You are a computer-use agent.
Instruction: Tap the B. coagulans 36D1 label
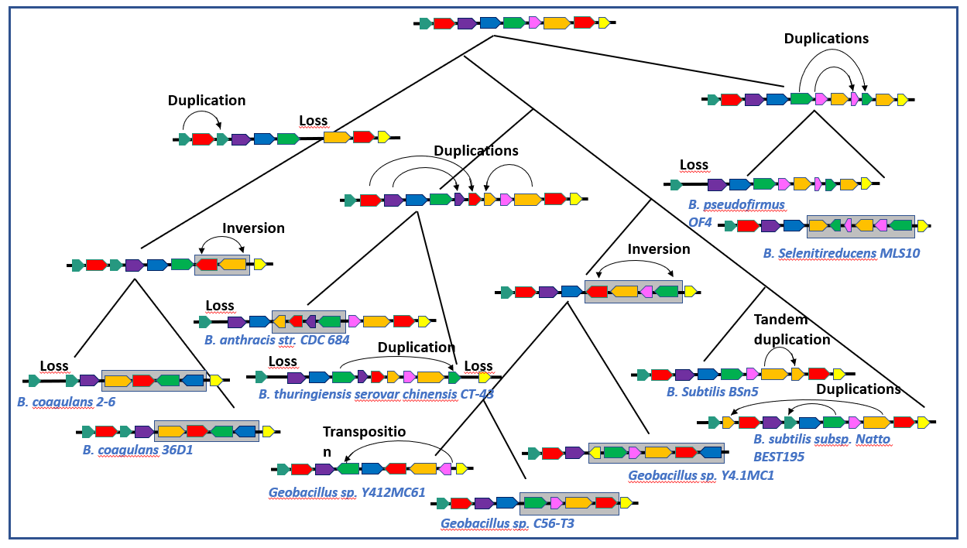click(x=138, y=449)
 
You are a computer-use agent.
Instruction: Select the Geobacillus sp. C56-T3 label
click(x=507, y=523)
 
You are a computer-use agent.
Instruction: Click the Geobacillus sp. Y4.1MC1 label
click(x=701, y=475)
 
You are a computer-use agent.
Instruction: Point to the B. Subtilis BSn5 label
click(x=712, y=392)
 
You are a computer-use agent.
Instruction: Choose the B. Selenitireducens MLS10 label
click(x=841, y=253)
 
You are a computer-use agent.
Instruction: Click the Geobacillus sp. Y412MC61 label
click(x=347, y=491)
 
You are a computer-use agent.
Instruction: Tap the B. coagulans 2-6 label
click(x=66, y=402)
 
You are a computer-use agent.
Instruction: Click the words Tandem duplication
click(x=791, y=330)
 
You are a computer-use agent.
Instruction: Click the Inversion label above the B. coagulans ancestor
click(x=253, y=228)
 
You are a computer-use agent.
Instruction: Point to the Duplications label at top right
click(x=826, y=38)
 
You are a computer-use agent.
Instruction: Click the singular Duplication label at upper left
click(x=207, y=101)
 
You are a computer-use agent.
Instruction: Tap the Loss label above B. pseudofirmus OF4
click(x=694, y=165)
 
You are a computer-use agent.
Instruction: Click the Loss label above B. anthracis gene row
click(x=220, y=306)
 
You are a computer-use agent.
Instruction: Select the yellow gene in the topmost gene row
click(x=604, y=23)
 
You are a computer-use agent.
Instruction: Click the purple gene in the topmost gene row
click(x=466, y=23)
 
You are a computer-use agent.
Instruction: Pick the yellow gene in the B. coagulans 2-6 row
click(x=216, y=381)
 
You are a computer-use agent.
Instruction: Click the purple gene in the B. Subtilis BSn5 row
click(x=684, y=375)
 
